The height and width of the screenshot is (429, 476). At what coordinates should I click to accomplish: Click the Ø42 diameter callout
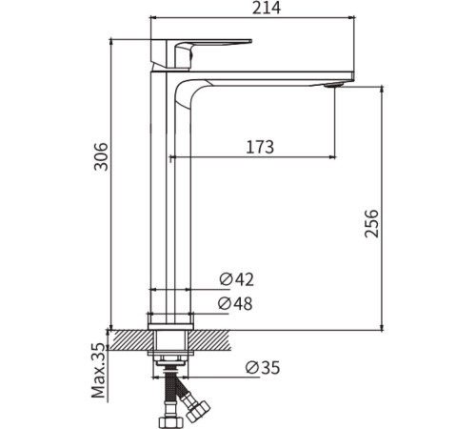237,279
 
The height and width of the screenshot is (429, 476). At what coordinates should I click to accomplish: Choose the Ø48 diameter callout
237,303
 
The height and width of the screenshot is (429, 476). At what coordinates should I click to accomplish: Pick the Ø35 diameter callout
263,367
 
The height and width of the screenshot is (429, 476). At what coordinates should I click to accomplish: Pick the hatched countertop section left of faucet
128,339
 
